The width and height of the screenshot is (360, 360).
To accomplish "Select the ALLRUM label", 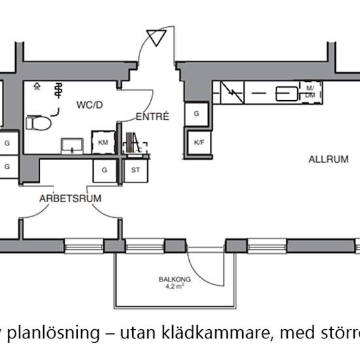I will [325, 159].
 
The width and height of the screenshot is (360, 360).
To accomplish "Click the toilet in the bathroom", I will [40, 122].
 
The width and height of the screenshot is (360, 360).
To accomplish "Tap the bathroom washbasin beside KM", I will [71, 145].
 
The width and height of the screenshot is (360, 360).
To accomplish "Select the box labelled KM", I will [103, 143].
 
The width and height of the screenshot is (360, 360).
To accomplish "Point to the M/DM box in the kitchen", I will [310, 92].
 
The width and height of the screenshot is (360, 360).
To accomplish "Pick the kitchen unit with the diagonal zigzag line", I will [229, 93].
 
